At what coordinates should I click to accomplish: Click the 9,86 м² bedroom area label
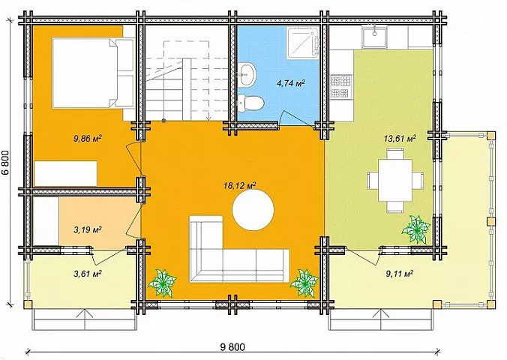click(x=88, y=139)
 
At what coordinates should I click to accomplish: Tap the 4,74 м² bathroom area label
click(x=291, y=83)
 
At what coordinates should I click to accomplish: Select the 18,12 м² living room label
click(x=239, y=186)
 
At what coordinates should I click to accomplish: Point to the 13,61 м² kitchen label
click(x=400, y=139)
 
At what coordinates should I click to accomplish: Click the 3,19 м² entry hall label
click(x=88, y=230)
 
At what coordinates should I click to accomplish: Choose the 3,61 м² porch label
click(x=88, y=274)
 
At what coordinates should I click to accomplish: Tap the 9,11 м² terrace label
click(x=400, y=274)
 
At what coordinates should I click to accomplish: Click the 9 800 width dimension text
click(x=232, y=347)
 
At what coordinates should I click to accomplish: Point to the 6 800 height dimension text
click(x=6, y=163)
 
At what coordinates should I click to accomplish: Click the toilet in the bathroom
click(x=251, y=103)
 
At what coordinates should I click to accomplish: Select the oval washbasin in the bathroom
click(x=247, y=75)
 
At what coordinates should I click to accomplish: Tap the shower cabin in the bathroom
click(x=303, y=43)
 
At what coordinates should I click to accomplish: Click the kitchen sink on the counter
click(x=375, y=36)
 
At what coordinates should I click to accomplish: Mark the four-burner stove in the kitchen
click(x=340, y=86)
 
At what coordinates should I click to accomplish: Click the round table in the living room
click(x=253, y=210)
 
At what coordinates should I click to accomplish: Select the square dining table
click(x=395, y=180)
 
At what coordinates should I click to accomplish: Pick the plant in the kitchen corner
click(x=415, y=229)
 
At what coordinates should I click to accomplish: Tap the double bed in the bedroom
click(x=93, y=73)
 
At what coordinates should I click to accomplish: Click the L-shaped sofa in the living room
click(x=239, y=249)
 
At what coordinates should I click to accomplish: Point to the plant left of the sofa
click(x=162, y=283)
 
